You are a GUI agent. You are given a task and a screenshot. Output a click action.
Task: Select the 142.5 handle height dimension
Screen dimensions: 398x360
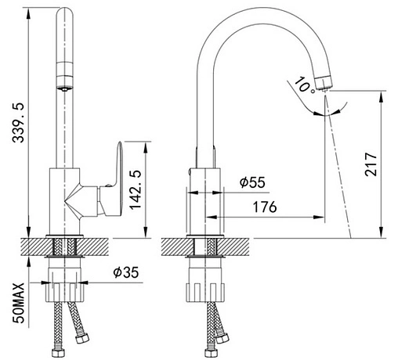[136, 189]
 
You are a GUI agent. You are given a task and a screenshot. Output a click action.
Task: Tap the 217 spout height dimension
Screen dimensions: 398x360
[371, 164]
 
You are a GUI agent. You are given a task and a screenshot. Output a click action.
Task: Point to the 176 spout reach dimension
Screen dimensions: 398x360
[265, 207]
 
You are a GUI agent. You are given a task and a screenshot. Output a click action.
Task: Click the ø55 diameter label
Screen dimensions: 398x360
[252, 182]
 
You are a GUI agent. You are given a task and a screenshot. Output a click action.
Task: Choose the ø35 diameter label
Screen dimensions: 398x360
[126, 272]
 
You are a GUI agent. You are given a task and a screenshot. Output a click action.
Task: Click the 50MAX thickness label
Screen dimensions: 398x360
[19, 303]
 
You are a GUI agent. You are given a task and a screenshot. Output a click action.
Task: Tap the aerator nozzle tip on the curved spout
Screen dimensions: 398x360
[324, 82]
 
